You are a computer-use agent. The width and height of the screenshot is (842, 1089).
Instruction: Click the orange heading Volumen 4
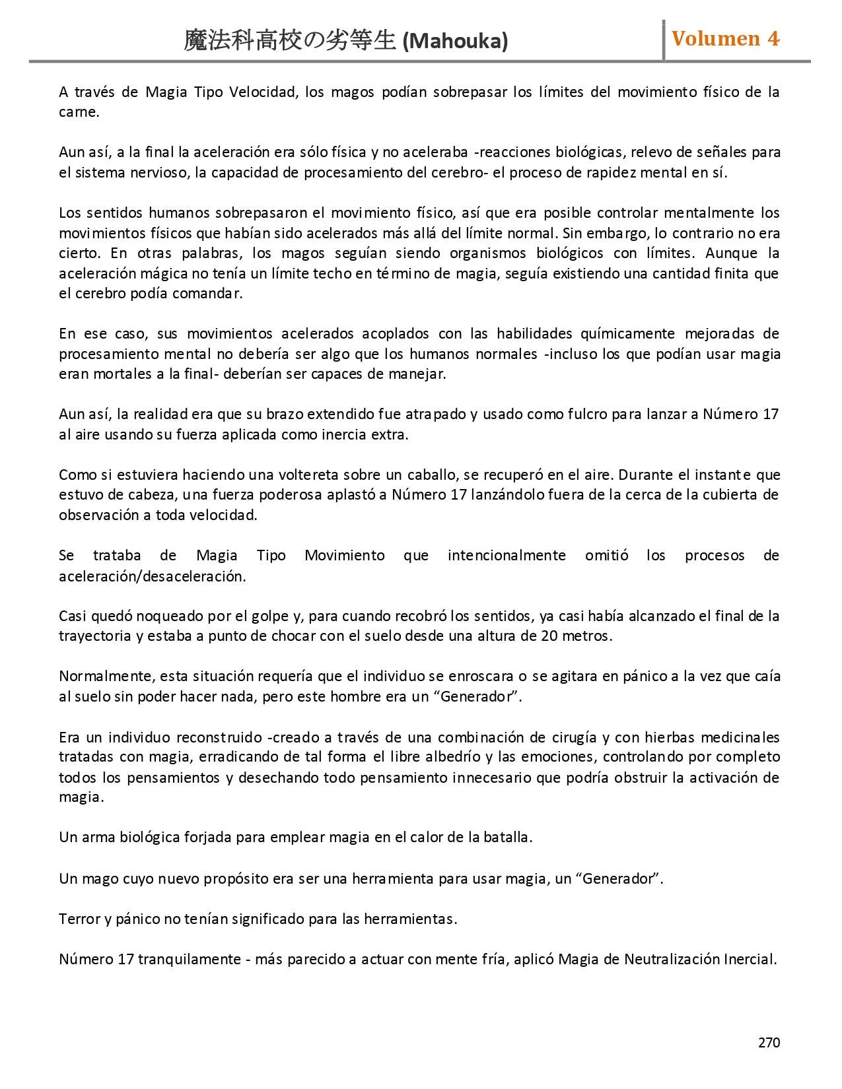[x=725, y=39]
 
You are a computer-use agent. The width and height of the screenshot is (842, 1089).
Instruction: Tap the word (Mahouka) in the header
[x=455, y=42]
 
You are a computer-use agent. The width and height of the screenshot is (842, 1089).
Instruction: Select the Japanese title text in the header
[x=291, y=42]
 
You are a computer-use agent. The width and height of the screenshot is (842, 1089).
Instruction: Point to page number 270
[x=769, y=1043]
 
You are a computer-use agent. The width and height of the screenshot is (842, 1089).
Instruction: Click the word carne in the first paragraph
[x=78, y=112]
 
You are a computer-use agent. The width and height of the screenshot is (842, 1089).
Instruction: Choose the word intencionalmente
[x=507, y=556]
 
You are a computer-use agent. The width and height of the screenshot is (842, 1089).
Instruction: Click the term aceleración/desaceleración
[x=152, y=576]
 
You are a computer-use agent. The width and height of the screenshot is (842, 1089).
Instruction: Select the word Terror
[x=79, y=919]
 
